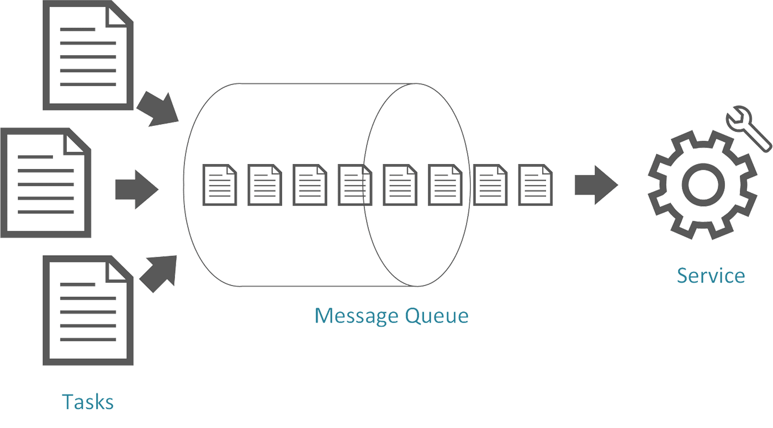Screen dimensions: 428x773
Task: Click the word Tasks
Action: [x=88, y=401]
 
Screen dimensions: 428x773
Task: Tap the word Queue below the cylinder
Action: [x=437, y=316]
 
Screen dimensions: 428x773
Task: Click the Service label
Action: [x=711, y=275]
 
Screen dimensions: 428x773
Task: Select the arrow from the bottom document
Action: [x=160, y=272]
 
